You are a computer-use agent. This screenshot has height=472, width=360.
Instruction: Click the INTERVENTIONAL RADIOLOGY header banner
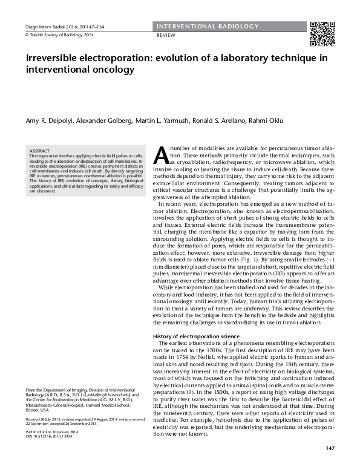coord(207,27)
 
